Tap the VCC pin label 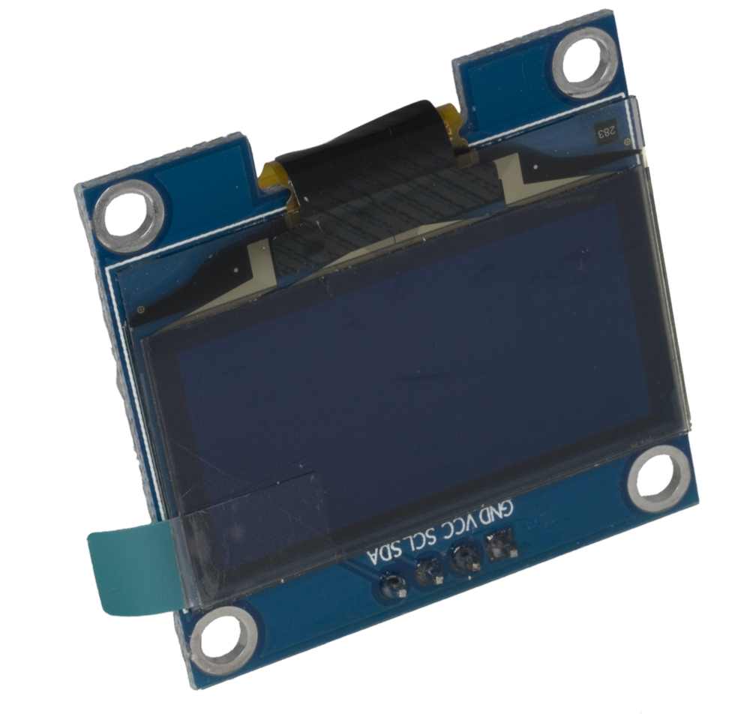point(455,525)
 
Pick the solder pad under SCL point(429,571)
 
